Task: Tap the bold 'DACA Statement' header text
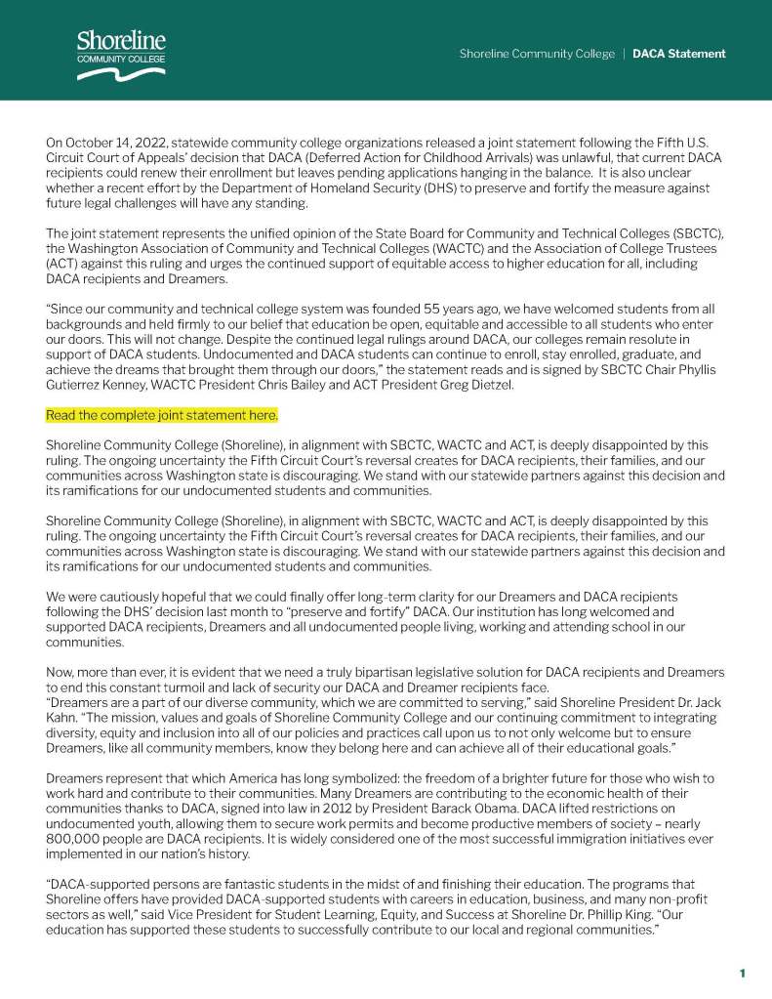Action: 678,54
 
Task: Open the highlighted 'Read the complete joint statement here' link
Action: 162,415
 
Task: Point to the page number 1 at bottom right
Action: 742,973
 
